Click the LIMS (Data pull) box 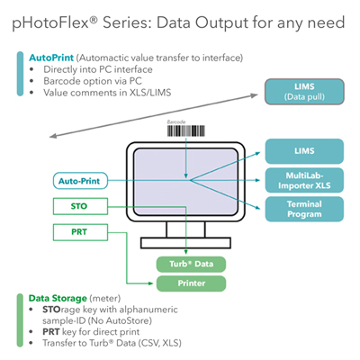pyautogui.click(x=304, y=92)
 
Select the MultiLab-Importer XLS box pyautogui.click(x=304, y=180)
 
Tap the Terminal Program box pyautogui.click(x=304, y=209)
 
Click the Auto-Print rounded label pyautogui.click(x=80, y=181)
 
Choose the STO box pyautogui.click(x=80, y=206)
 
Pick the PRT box pyautogui.click(x=80, y=232)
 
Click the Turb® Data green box pyautogui.click(x=191, y=265)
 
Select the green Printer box pyautogui.click(x=191, y=283)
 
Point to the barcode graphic pyautogui.click(x=186, y=131)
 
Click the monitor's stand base pyautogui.click(x=185, y=243)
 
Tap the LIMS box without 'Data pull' pyautogui.click(x=304, y=151)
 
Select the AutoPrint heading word pyautogui.click(x=51, y=58)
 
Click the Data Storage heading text pyautogui.click(x=58, y=298)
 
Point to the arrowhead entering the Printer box pyautogui.click(x=151, y=283)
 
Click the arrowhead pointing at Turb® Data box pyautogui.click(x=186, y=252)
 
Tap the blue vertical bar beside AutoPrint pyautogui.click(x=20, y=74)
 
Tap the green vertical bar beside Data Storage pyautogui.click(x=20, y=320)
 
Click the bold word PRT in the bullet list pyautogui.click(x=51, y=332)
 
